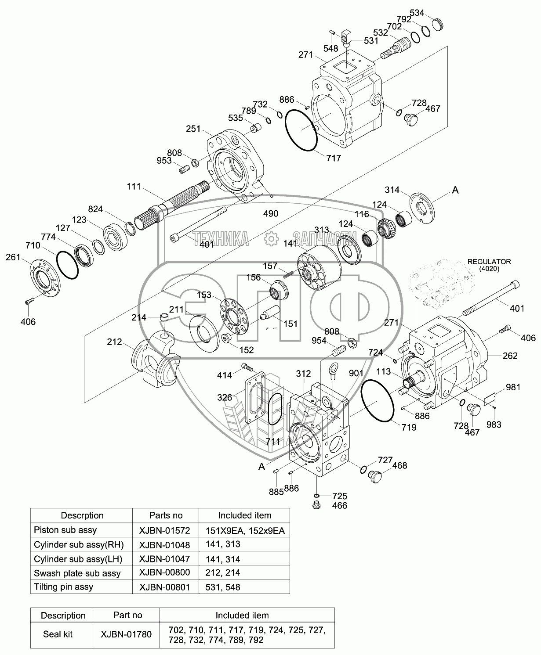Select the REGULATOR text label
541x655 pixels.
[489, 262]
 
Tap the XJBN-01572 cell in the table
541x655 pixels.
[165, 531]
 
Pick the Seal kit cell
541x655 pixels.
[58, 634]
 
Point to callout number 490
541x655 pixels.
[271, 214]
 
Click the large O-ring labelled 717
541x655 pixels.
[301, 130]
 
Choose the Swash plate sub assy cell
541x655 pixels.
[77, 573]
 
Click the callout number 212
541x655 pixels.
[114, 342]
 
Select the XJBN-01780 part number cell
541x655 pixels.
[126, 634]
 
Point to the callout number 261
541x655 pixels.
[13, 257]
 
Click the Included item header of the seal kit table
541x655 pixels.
[242, 615]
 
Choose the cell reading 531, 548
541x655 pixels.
[223, 587]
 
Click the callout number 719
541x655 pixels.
[408, 426]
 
